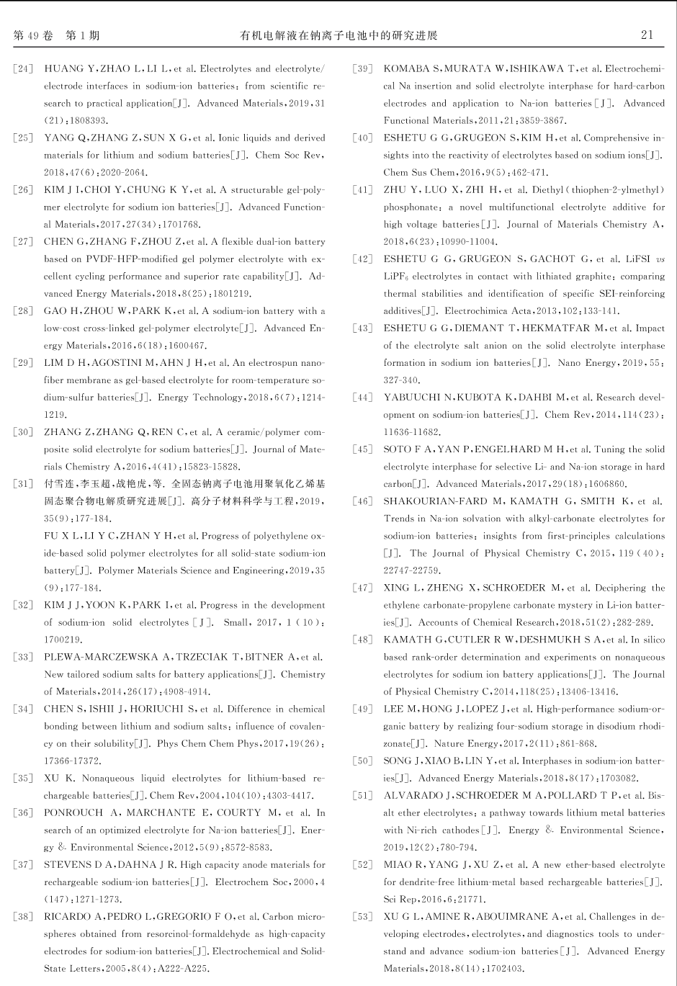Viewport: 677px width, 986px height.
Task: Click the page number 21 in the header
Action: coord(647,35)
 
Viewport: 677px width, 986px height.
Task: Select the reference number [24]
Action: coord(24,69)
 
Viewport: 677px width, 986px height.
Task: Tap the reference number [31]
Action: coord(24,484)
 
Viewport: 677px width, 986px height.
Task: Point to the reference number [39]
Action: coord(363,69)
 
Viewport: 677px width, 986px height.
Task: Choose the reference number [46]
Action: coord(363,501)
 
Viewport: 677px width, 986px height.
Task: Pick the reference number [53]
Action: coord(363,917)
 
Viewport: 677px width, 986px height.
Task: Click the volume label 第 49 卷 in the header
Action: coord(34,35)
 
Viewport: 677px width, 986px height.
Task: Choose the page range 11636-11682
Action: coord(411,432)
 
